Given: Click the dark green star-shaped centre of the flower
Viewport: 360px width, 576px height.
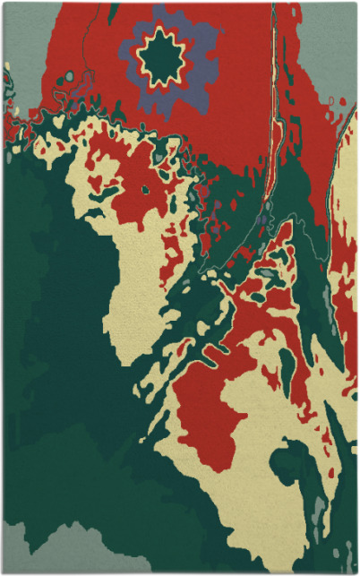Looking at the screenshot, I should [x=162, y=58].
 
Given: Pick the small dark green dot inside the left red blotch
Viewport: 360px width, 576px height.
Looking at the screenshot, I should [x=143, y=189].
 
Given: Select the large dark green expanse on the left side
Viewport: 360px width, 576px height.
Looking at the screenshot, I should [x=45, y=314].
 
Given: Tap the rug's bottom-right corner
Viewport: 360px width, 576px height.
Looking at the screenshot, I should [x=356, y=572].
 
